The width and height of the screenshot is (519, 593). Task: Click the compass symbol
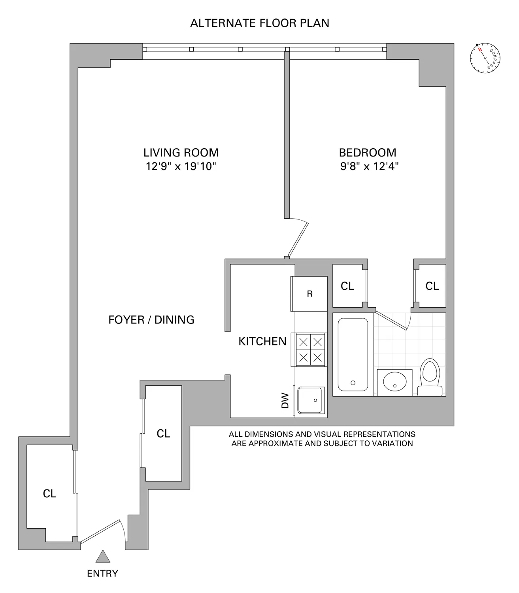485,58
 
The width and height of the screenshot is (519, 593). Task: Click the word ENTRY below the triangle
103,573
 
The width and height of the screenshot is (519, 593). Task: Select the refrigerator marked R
309,294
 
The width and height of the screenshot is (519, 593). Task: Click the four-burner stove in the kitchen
309,350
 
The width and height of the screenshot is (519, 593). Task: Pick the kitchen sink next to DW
310,400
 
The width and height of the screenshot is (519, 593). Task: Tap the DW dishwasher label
285,400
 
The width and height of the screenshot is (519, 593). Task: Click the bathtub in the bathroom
353,355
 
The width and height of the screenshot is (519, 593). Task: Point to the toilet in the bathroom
430,377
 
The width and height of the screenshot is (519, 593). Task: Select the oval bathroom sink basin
394,382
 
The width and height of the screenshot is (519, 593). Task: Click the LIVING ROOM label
181,153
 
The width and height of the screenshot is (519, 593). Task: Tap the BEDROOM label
368,153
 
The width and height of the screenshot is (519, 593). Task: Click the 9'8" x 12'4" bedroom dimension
370,166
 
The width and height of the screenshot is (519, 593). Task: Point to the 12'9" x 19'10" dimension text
181,166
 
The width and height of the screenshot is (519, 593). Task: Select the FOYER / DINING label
151,320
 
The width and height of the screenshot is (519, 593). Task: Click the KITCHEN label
262,342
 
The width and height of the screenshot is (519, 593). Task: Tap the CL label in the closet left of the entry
49,494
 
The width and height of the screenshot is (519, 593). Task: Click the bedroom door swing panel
298,240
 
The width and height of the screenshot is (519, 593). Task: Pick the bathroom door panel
391,321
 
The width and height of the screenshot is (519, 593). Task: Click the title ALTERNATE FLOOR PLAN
260,23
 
